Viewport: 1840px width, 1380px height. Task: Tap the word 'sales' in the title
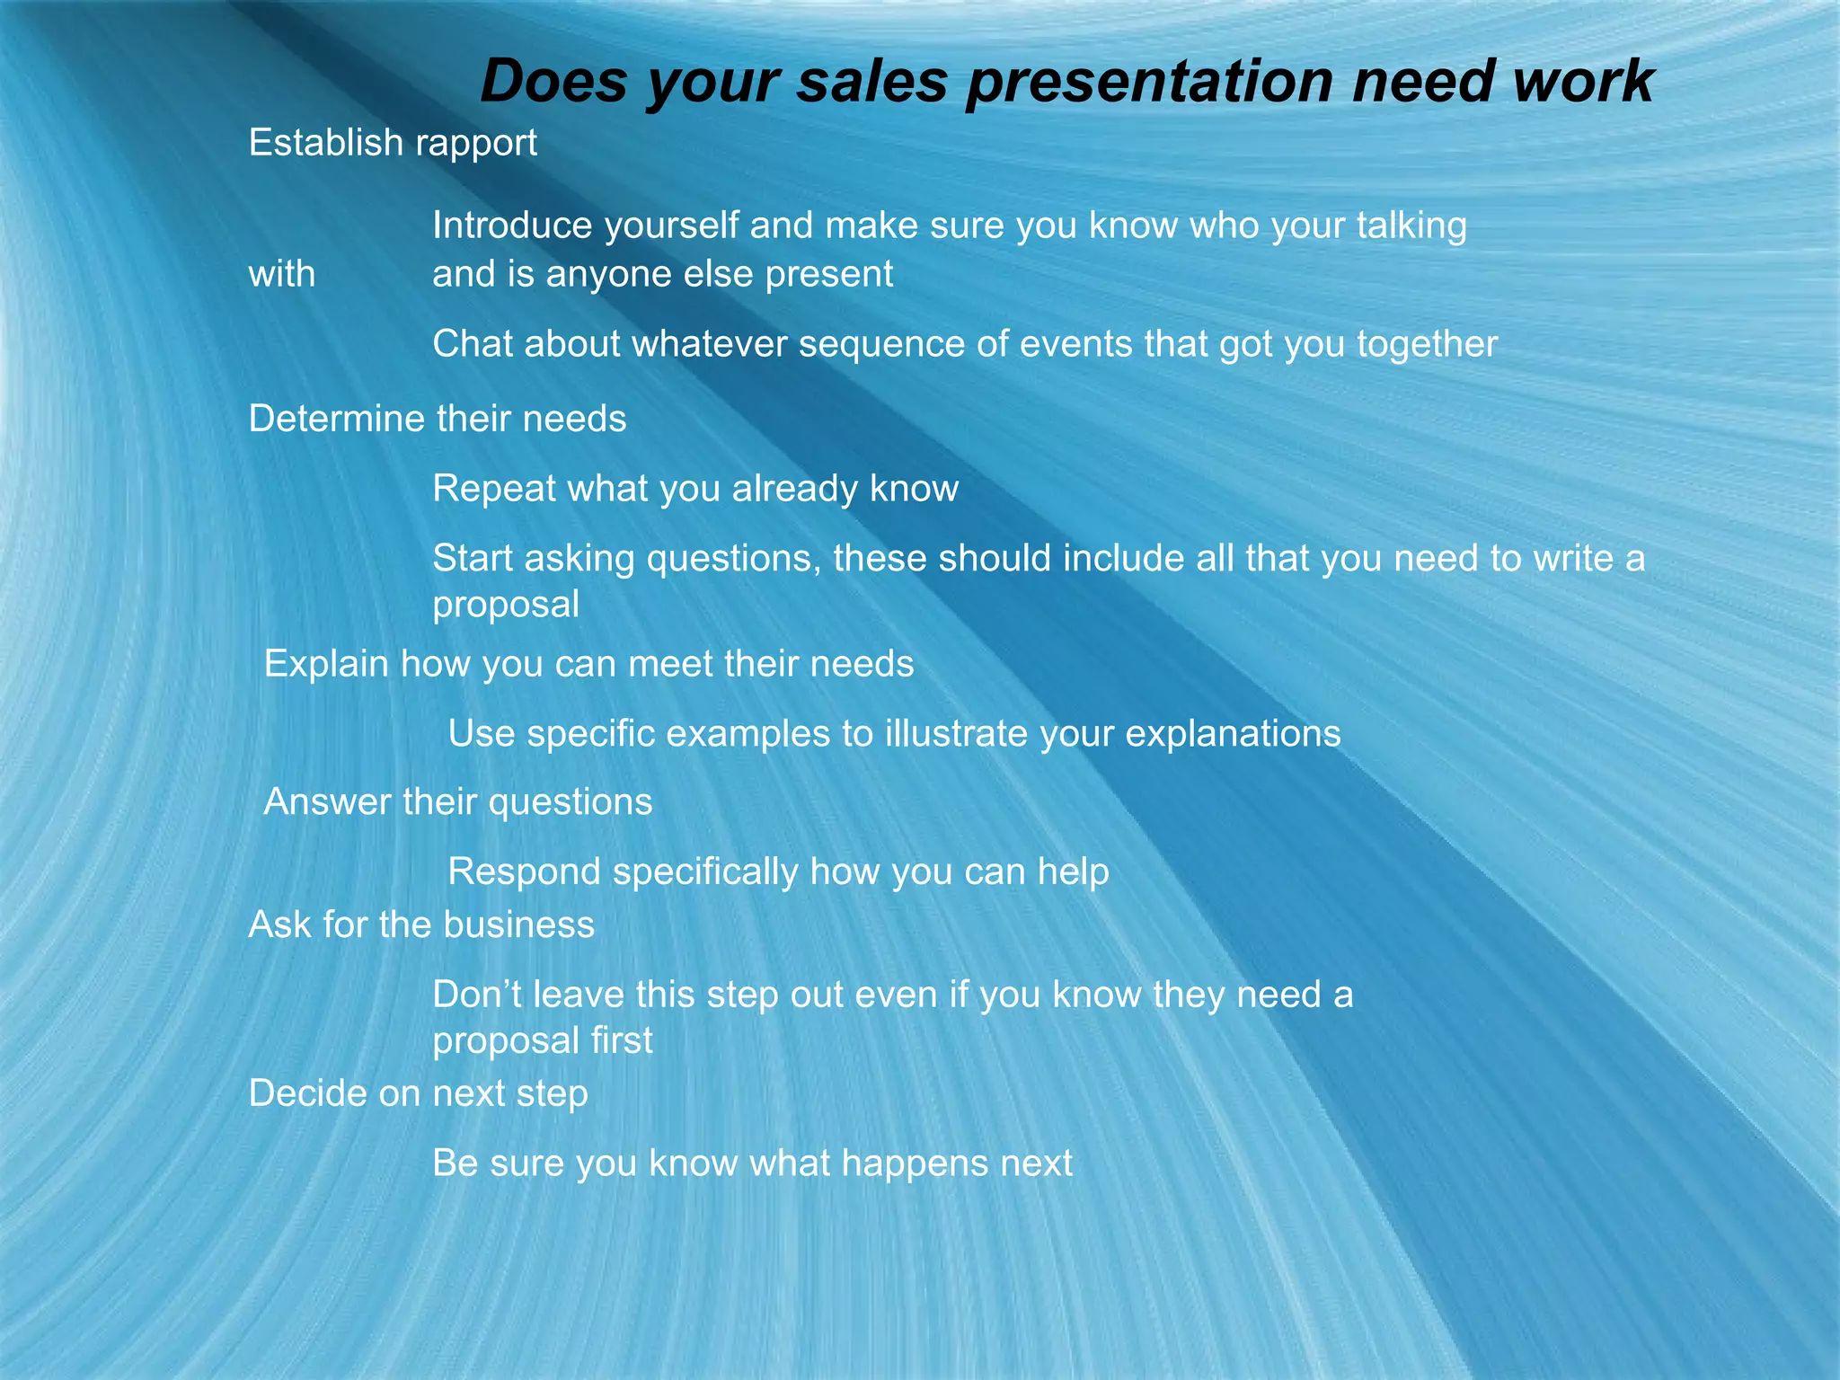point(871,83)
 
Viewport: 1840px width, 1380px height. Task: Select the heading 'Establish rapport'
point(393,143)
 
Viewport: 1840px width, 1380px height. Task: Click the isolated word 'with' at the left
point(282,274)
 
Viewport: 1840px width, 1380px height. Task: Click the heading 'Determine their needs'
point(438,419)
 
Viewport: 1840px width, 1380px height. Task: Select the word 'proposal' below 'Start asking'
point(506,605)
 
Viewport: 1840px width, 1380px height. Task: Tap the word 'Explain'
point(326,664)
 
